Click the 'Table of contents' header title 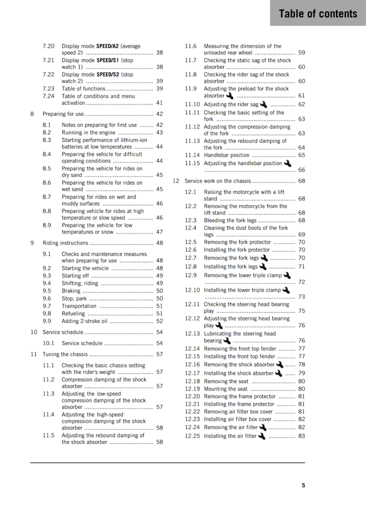click(x=318, y=13)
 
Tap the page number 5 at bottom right click(x=303, y=486)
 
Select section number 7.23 click(x=49, y=88)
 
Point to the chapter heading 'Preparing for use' click(x=63, y=114)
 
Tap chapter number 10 click(x=33, y=332)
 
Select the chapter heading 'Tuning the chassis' click(x=65, y=355)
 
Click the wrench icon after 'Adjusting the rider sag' click(x=264, y=104)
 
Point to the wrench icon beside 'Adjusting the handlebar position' click(x=287, y=163)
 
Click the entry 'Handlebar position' click(x=227, y=155)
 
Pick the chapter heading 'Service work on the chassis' click(x=218, y=181)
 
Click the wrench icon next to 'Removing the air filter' click(x=263, y=427)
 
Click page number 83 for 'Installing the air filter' click(x=301, y=436)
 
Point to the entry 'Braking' click(x=71, y=291)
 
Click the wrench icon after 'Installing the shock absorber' click(x=279, y=373)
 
